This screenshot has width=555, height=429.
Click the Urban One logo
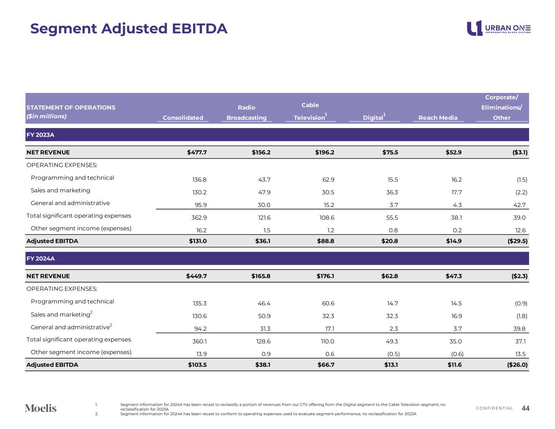(x=498, y=28)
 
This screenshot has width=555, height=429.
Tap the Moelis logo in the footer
(x=41, y=408)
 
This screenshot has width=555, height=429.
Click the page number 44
(x=525, y=408)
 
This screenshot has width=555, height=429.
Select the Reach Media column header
(x=437, y=118)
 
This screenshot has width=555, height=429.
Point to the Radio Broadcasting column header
(x=246, y=113)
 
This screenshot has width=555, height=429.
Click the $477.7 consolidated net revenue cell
(x=197, y=152)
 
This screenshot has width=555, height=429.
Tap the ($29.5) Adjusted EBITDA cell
(x=517, y=241)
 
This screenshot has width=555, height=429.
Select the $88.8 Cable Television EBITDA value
(x=326, y=241)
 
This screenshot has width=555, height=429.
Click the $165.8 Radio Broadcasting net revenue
(x=261, y=276)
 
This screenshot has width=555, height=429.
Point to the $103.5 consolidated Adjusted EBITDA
(x=197, y=365)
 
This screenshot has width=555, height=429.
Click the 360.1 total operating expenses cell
(x=199, y=342)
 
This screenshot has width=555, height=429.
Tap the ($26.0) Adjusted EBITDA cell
(x=517, y=365)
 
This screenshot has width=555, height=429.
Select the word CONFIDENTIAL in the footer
(x=494, y=408)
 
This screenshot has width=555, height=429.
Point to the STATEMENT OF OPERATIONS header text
(x=71, y=107)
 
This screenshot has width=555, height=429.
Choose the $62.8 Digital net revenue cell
(x=390, y=276)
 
